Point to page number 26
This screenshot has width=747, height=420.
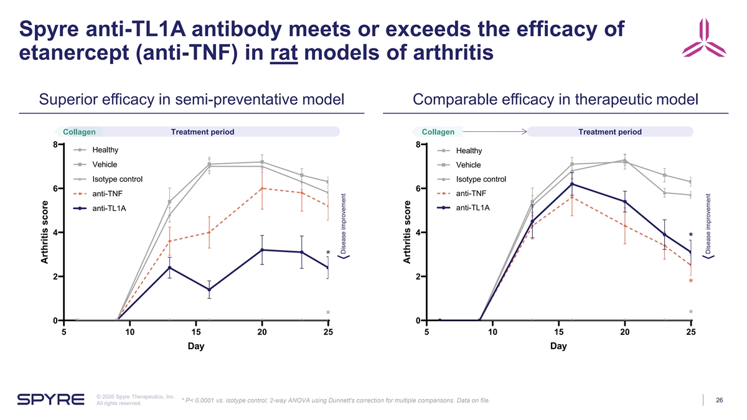(x=719, y=399)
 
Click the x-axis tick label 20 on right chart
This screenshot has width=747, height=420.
(x=625, y=332)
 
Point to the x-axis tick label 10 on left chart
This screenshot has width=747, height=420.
(x=130, y=332)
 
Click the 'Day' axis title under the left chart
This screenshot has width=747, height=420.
(x=196, y=347)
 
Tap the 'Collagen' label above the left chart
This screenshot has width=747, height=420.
(x=79, y=131)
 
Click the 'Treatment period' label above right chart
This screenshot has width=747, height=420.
(x=609, y=131)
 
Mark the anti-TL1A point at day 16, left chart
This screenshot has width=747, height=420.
(x=209, y=289)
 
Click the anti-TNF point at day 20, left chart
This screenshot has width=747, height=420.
(x=262, y=188)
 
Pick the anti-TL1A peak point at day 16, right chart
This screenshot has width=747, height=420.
(x=571, y=184)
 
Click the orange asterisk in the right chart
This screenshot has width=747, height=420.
(x=690, y=282)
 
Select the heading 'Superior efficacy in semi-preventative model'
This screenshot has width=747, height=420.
(x=192, y=100)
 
